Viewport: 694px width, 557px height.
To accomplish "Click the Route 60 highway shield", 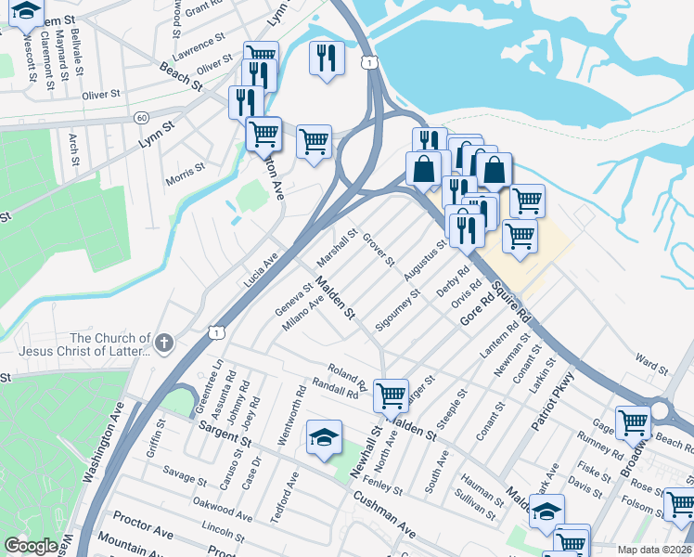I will [141, 118].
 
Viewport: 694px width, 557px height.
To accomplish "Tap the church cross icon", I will [164, 343].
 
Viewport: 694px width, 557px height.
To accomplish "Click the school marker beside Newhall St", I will [324, 438].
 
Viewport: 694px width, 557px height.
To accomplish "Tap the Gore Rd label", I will [475, 311].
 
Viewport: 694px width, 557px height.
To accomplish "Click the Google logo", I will [31, 546].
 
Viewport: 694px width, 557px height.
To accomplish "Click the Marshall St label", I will [337, 246].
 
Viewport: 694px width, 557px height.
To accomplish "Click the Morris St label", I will [185, 174].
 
